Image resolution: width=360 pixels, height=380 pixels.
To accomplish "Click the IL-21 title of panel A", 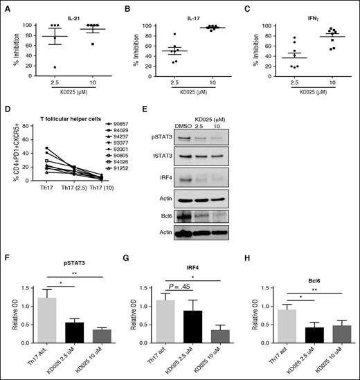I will click(64, 11).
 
